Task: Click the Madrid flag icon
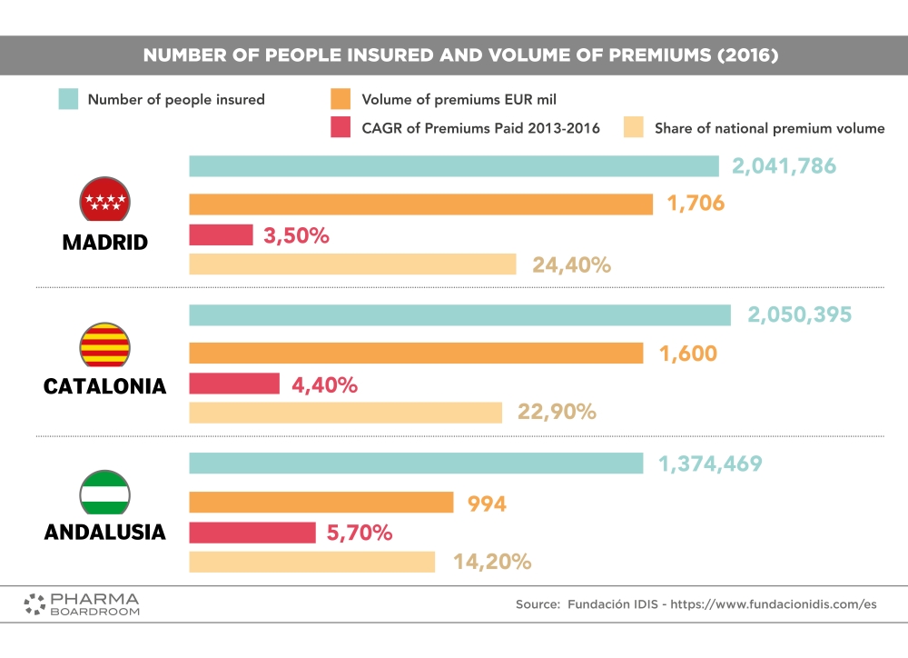(105, 201)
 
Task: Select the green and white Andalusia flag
(105, 493)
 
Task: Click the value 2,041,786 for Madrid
(785, 166)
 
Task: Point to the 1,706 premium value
(696, 204)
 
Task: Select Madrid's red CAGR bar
(221, 235)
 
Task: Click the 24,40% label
(572, 265)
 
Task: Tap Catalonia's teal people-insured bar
(459, 315)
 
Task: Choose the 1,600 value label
(687, 354)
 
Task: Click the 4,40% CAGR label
(324, 385)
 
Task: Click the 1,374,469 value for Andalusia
(710, 464)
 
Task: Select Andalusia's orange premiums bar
(321, 503)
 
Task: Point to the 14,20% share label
(491, 563)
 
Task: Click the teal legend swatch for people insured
(68, 99)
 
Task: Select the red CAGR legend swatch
(341, 128)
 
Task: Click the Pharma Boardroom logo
(82, 604)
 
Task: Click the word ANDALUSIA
(105, 532)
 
